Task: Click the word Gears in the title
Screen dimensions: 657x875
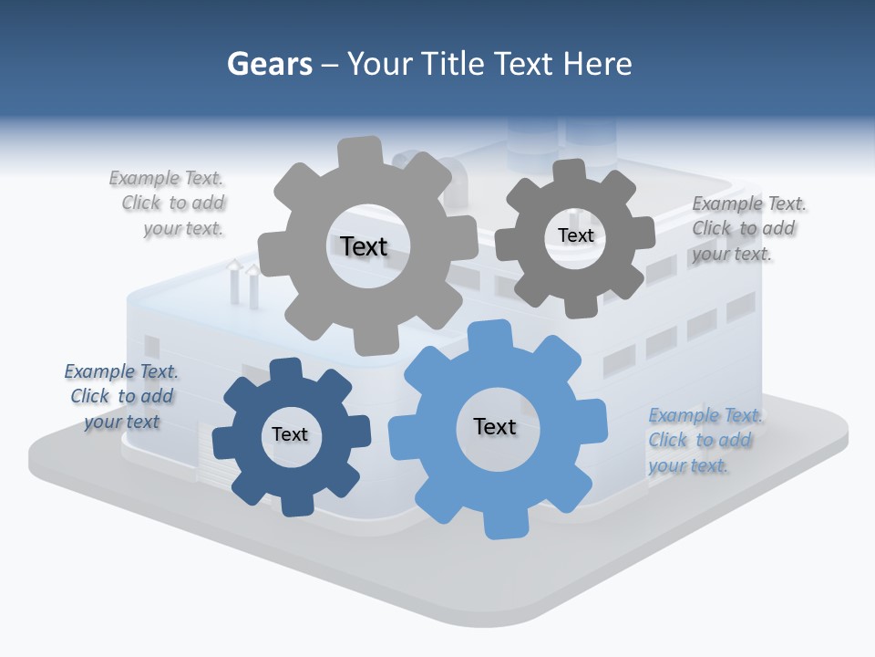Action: pyautogui.click(x=269, y=64)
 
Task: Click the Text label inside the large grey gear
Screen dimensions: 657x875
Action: pyautogui.click(x=364, y=246)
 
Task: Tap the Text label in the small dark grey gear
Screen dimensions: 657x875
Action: pyautogui.click(x=575, y=235)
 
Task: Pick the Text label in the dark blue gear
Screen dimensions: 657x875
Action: pyautogui.click(x=290, y=434)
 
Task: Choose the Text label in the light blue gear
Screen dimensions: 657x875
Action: pyautogui.click(x=495, y=426)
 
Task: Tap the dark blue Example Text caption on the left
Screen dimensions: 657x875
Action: pyautogui.click(x=122, y=396)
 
